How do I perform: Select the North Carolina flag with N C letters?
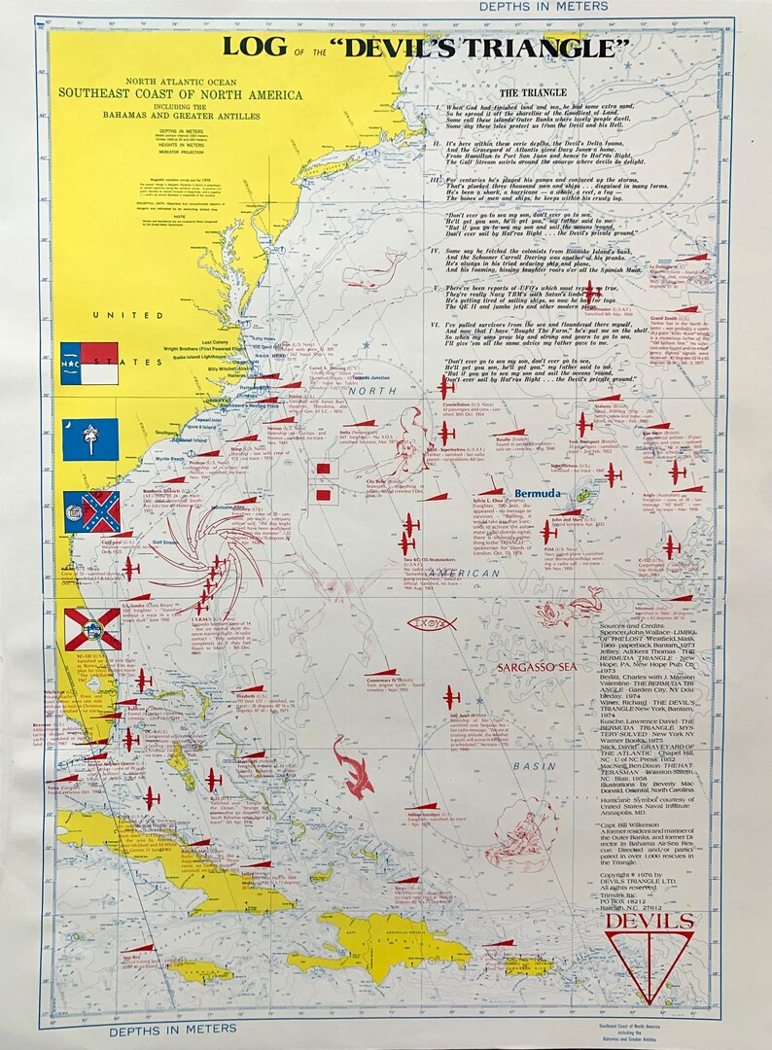(89, 363)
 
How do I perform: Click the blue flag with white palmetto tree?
(90, 439)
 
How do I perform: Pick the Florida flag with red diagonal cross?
(92, 628)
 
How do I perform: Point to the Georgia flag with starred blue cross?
(91, 511)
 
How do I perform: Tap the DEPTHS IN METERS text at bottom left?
(172, 1028)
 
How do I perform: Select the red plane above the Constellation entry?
(445, 386)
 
